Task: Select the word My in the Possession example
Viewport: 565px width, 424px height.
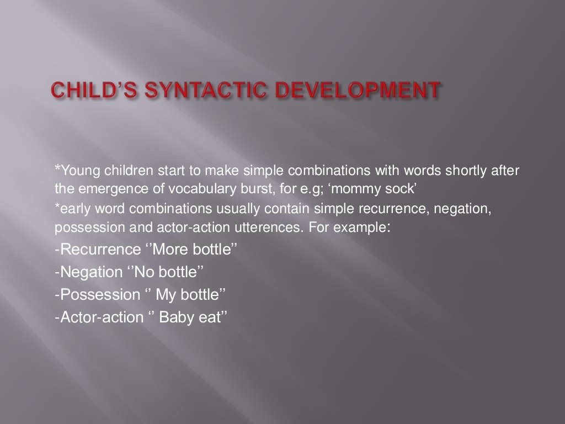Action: pyautogui.click(x=166, y=295)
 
